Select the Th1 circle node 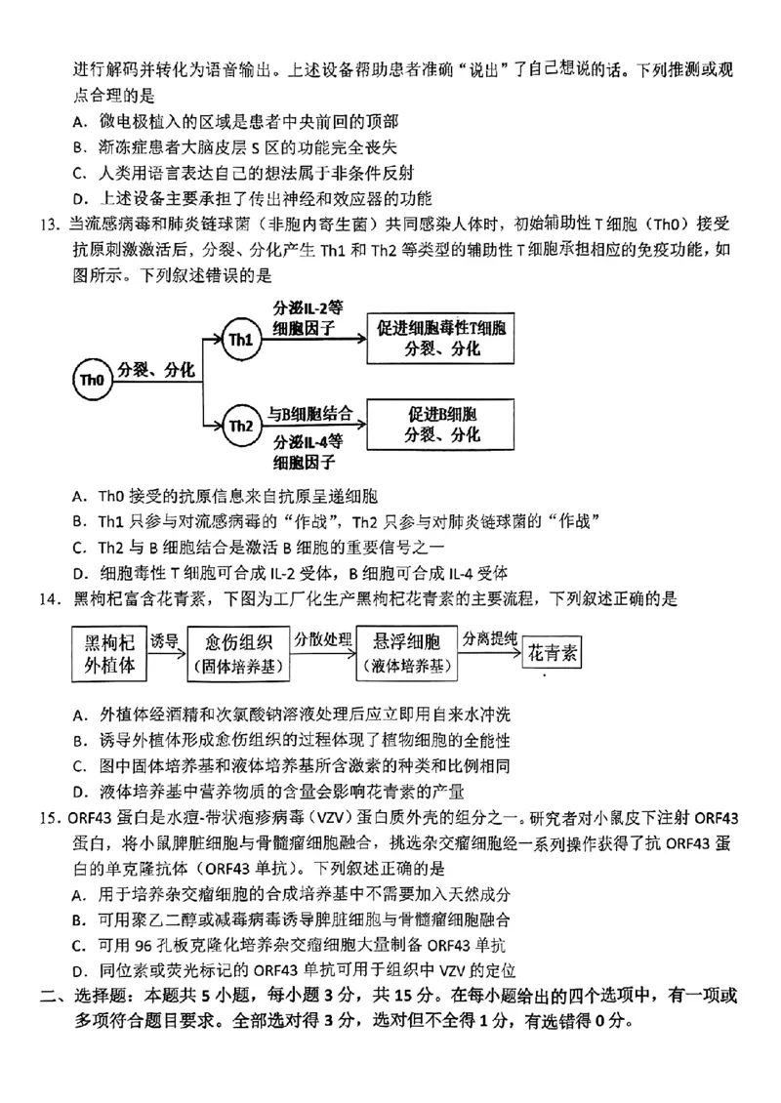pyautogui.click(x=240, y=339)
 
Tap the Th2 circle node pyautogui.click(x=240, y=426)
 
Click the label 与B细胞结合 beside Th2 pyautogui.click(x=310, y=412)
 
